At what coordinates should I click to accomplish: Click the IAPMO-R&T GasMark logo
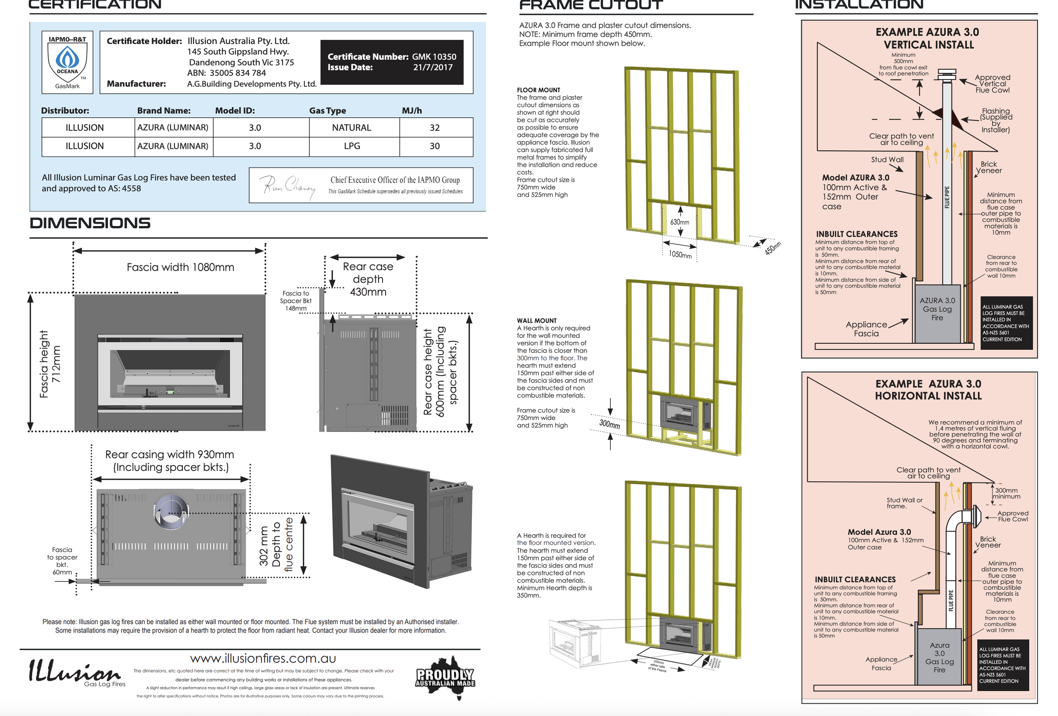coord(67,62)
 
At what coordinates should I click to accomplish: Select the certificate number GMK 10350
coord(434,57)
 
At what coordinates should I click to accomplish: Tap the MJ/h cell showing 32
coord(435,127)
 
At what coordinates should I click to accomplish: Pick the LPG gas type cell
coord(352,146)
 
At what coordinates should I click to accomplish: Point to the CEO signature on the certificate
coord(288,185)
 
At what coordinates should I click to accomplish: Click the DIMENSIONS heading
coord(90,223)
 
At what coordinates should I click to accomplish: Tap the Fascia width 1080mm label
coord(180,267)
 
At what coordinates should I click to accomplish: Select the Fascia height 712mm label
coord(50,365)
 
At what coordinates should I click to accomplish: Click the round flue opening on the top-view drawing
coord(171,511)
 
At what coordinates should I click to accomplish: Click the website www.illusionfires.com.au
coord(263,658)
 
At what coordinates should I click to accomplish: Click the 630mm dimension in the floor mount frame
coord(680,222)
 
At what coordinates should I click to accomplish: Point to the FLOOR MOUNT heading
coord(539,90)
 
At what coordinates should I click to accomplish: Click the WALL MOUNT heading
coord(537,321)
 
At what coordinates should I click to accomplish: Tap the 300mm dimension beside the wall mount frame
coord(609,424)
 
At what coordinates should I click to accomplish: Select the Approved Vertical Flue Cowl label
coord(992,84)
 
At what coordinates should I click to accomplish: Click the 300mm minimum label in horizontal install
coord(1008,493)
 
